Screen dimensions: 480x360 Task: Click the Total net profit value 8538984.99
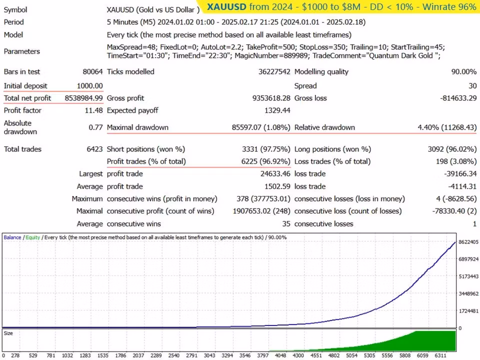tap(83, 98)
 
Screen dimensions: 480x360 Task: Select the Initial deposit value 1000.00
tap(89, 86)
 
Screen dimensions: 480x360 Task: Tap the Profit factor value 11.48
tap(93, 110)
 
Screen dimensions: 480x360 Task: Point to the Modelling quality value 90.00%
tap(464, 71)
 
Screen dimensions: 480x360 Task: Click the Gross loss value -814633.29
tap(458, 98)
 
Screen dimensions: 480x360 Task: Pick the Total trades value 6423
tap(94, 149)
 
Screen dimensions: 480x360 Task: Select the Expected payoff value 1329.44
tap(277, 110)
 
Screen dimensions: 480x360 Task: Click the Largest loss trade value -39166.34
tap(460, 174)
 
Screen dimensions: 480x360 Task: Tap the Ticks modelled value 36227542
tap(274, 71)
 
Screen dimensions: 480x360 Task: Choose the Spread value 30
tap(472, 86)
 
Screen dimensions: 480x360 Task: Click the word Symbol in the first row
tap(15, 10)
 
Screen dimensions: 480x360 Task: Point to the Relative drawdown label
tap(324, 127)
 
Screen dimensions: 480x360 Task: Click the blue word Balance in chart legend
tap(12, 237)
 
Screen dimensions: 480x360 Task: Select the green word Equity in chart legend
tap(33, 237)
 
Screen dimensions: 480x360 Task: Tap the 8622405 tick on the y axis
tap(468, 242)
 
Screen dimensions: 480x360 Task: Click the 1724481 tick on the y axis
tap(468, 311)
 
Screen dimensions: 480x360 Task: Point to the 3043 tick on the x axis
tap(209, 355)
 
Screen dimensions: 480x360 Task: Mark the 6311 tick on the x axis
tap(440, 355)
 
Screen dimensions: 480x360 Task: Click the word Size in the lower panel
tap(8, 333)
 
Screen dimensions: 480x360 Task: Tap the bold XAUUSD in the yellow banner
tap(226, 6)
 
